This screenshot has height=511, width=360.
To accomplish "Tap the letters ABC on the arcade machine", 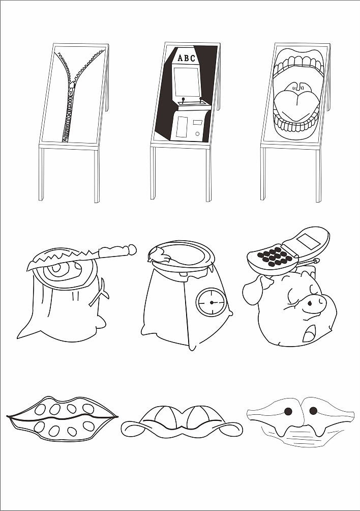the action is pyautogui.click(x=186, y=58).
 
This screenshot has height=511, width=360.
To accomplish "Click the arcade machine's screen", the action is pyautogui.click(x=186, y=82).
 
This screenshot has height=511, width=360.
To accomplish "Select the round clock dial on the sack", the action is pyautogui.click(x=211, y=302).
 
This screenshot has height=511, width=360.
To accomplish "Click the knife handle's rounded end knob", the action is pyautogui.click(x=132, y=249).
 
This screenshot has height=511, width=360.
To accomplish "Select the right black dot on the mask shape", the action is pyautogui.click(x=313, y=411).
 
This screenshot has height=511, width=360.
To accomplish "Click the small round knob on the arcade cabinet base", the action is pyautogui.click(x=197, y=134).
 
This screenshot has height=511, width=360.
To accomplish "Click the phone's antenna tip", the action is pyautogui.click(x=316, y=261).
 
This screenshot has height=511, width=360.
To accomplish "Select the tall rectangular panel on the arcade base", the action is pyautogui.click(x=182, y=127).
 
